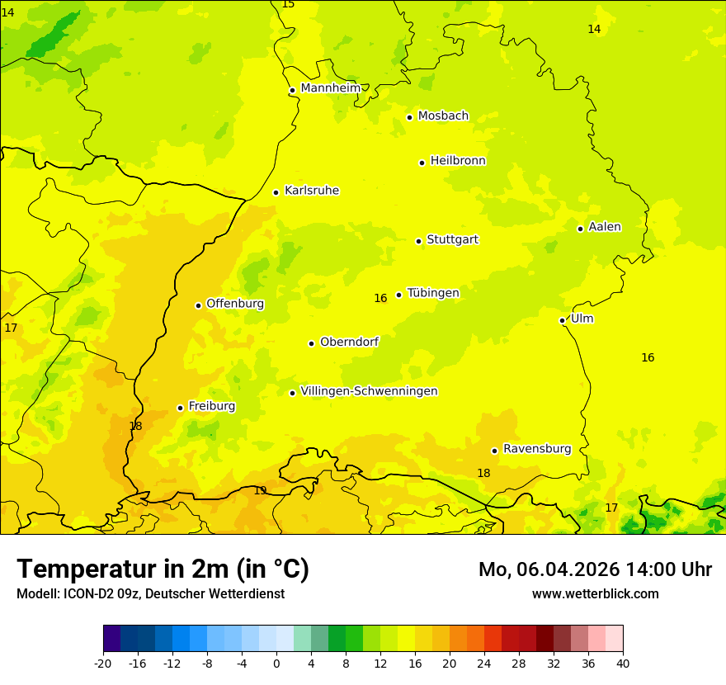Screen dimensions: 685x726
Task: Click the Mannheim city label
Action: [x=331, y=88]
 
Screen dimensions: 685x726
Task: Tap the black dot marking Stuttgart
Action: [x=418, y=241]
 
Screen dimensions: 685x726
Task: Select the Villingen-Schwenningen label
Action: [x=369, y=391]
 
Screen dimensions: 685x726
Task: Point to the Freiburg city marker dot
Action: [x=180, y=408]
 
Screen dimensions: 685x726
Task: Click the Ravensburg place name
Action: [x=537, y=449]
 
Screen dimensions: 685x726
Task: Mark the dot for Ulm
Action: [x=562, y=320]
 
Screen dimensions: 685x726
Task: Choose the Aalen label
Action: [x=605, y=227]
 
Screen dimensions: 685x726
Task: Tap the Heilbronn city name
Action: [x=458, y=161]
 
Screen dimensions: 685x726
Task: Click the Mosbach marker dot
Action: [x=409, y=117]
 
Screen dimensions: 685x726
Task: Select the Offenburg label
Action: [x=235, y=304]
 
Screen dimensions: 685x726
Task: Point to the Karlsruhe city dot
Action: [x=276, y=192]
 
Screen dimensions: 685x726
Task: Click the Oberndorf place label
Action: [x=350, y=342]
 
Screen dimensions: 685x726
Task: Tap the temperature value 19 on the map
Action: [x=260, y=491]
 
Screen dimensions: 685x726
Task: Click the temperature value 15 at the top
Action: [x=288, y=5]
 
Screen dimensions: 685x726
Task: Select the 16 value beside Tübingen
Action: [x=380, y=299]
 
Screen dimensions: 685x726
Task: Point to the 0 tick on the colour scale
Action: [x=276, y=663]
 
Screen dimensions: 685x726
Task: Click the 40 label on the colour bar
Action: [x=622, y=663]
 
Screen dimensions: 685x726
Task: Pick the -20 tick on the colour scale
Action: [x=103, y=663]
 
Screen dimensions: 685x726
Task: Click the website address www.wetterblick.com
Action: [x=595, y=594]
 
